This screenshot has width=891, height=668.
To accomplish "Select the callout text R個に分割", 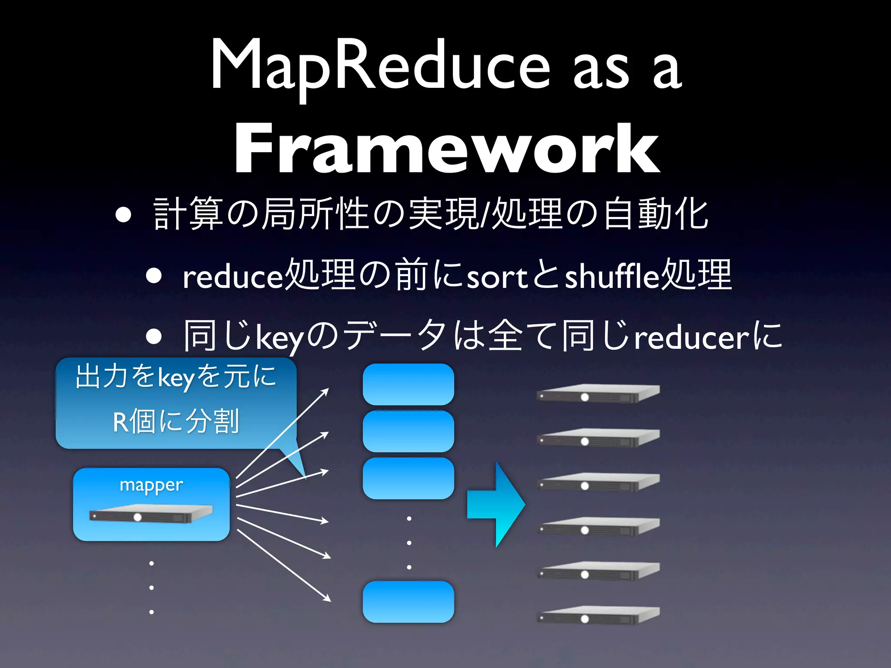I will tap(176, 421).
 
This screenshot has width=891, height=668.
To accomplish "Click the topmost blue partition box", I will tap(408, 384).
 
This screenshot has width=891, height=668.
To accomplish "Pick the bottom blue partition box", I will tap(408, 601).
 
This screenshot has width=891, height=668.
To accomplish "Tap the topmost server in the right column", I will tap(598, 394).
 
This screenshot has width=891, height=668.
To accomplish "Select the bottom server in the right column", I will tap(598, 615).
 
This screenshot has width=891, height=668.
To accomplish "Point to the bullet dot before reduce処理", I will tap(154, 276).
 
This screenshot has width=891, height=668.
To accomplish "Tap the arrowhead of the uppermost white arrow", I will tap(325, 391).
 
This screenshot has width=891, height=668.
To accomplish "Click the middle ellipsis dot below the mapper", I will tap(151, 588).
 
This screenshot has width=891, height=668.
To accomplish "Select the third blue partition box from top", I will tap(408, 478).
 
